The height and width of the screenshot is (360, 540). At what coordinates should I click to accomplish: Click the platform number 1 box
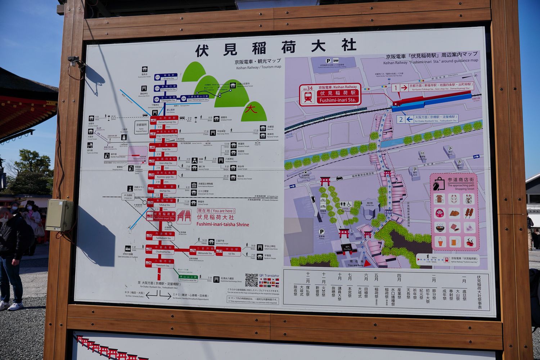point(396,87)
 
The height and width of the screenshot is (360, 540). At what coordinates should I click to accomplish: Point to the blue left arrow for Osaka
point(409,119)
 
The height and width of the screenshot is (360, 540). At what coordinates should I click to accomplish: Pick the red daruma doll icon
point(440,213)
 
